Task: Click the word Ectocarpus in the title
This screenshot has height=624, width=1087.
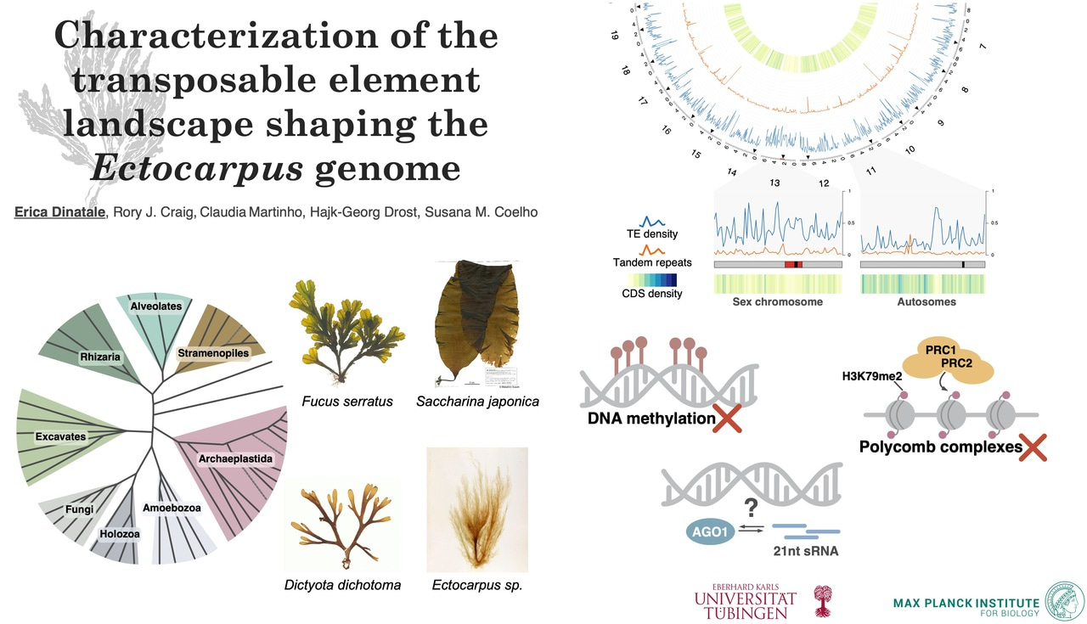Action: coord(197,168)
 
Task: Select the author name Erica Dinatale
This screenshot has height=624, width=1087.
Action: coord(58,211)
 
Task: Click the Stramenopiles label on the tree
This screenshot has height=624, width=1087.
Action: coord(213,351)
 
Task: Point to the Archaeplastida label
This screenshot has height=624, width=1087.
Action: coord(235,458)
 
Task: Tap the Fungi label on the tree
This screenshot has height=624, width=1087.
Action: coord(79,509)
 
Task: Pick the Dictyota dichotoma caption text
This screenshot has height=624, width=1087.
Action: coord(342,585)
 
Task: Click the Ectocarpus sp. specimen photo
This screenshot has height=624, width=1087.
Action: coord(476,509)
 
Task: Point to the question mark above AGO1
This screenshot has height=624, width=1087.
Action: coord(750,508)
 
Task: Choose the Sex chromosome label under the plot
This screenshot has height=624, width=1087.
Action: coord(777,302)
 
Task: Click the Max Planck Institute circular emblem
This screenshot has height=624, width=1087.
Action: coord(1064,603)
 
